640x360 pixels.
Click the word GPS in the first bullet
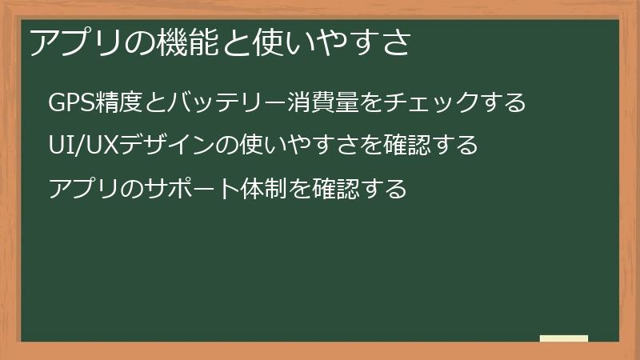click(x=71, y=102)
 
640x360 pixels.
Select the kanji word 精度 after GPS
click(x=118, y=102)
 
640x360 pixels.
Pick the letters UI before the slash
click(x=62, y=145)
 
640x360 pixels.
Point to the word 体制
click(x=264, y=188)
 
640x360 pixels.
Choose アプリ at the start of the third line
click(x=85, y=188)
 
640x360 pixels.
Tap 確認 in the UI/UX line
click(x=407, y=145)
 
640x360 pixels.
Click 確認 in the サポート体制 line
click(x=336, y=188)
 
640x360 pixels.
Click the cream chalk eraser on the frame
click(x=564, y=338)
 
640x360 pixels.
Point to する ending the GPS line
click(x=502, y=102)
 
